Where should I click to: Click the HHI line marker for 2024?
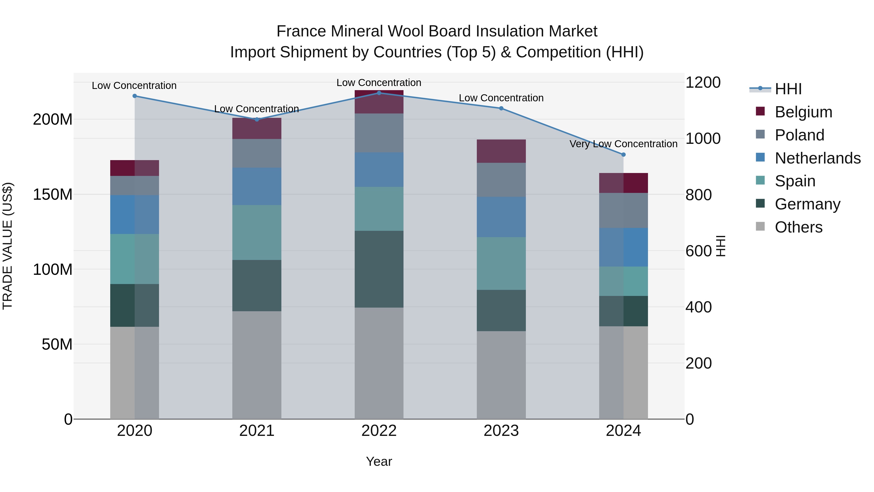pyautogui.click(x=623, y=155)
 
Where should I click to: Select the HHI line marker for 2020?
pyautogui.click(x=135, y=96)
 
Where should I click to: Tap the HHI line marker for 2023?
pyautogui.click(x=501, y=108)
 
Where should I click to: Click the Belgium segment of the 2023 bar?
pyautogui.click(x=501, y=151)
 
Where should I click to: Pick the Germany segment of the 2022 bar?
pyautogui.click(x=379, y=269)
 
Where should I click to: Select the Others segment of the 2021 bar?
pyautogui.click(x=257, y=365)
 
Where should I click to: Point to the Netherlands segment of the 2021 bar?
pyautogui.click(x=257, y=186)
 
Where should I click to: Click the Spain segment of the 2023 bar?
pyautogui.click(x=501, y=263)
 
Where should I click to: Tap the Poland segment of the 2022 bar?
pyautogui.click(x=379, y=133)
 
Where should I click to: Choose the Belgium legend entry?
pyautogui.click(x=803, y=112)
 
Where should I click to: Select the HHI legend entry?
pyautogui.click(x=788, y=89)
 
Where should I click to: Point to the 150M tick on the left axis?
pyautogui.click(x=53, y=195)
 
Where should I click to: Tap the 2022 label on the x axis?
pyautogui.click(x=379, y=431)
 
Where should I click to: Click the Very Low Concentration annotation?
pyautogui.click(x=623, y=144)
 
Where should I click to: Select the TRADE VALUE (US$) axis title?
pyautogui.click(x=8, y=246)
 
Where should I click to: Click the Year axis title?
pyautogui.click(x=379, y=461)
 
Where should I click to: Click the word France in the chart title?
pyautogui.click(x=301, y=31)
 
